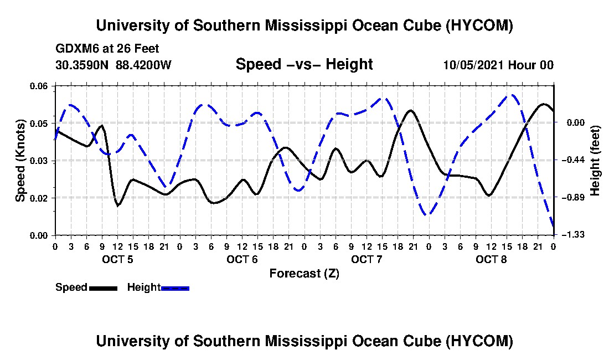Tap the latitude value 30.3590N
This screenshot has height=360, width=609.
(x=82, y=65)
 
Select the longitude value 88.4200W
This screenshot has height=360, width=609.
(x=143, y=65)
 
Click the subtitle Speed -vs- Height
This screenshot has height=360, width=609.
(x=304, y=64)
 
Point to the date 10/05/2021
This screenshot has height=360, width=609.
(x=473, y=65)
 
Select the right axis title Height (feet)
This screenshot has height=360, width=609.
(x=595, y=161)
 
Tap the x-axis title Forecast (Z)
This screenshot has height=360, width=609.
(x=304, y=274)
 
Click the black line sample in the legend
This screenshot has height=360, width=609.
(x=103, y=288)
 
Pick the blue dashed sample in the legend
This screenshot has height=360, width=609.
(x=175, y=288)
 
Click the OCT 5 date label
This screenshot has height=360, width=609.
(x=117, y=259)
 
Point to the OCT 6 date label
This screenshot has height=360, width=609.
(x=242, y=259)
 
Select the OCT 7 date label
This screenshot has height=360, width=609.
(x=367, y=259)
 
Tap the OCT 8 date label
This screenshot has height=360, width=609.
(x=491, y=259)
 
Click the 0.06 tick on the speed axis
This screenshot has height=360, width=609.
(x=39, y=86)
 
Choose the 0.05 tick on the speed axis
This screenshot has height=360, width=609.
(x=39, y=123)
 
